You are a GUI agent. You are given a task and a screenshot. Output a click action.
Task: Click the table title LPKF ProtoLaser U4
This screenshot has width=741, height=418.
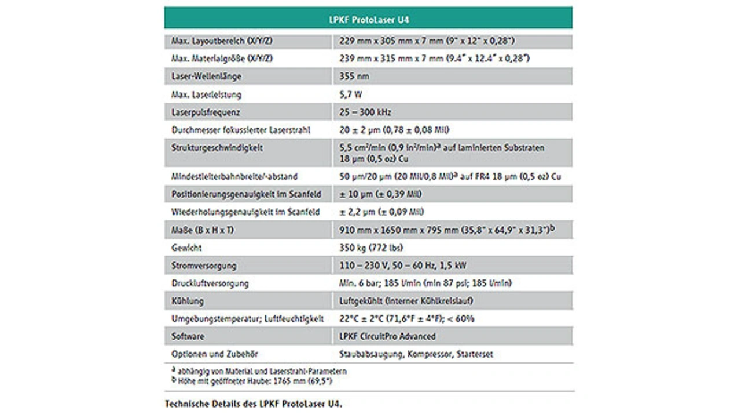click(369, 20)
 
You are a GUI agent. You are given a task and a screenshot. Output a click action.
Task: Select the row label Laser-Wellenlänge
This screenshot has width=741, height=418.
click(207, 77)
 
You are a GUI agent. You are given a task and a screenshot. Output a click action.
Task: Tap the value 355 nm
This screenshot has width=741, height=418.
click(354, 77)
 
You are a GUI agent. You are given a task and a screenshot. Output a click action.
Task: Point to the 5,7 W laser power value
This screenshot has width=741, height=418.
click(351, 94)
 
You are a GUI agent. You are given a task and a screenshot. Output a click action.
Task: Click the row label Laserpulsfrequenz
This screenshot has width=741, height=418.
click(206, 112)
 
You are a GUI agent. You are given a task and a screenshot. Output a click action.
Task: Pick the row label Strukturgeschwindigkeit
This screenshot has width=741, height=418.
click(217, 148)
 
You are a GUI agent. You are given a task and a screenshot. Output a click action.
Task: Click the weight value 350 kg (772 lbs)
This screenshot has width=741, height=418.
click(371, 248)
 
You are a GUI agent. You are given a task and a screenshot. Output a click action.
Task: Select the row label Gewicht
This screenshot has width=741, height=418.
click(187, 248)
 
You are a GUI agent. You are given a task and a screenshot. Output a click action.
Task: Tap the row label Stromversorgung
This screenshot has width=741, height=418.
click(204, 266)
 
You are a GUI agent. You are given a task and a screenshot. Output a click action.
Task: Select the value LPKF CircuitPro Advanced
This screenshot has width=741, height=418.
click(387, 336)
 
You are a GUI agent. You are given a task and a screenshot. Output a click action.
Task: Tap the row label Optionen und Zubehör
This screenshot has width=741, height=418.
click(215, 354)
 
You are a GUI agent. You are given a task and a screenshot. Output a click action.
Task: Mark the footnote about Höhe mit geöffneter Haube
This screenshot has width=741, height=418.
click(252, 381)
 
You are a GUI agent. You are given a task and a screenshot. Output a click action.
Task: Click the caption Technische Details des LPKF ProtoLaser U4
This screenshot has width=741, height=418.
click(254, 404)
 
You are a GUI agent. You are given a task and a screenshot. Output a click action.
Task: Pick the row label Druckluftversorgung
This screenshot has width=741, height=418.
click(210, 283)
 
